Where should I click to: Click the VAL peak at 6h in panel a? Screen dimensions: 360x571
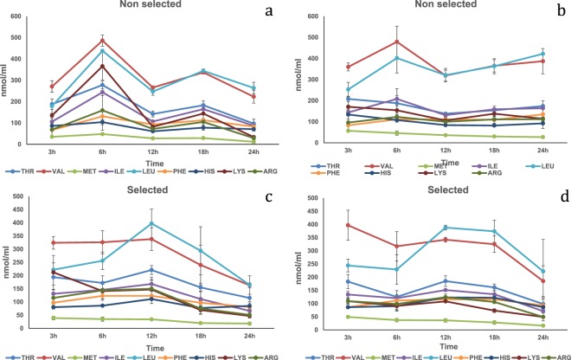click(103, 40)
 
